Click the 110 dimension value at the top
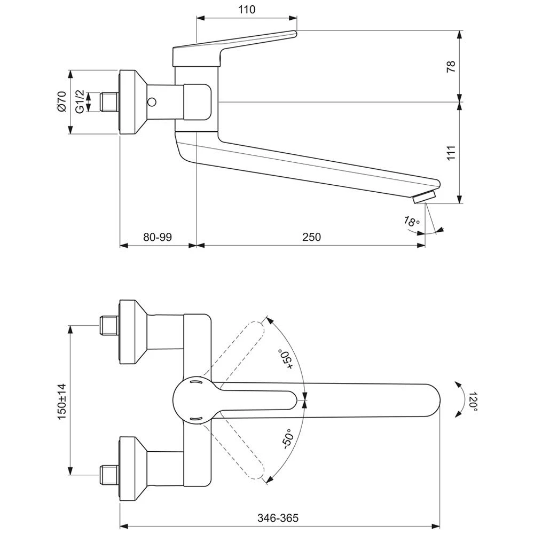pyautogui.click(x=247, y=10)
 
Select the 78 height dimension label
pyautogui.click(x=451, y=66)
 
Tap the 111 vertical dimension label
pyautogui.click(x=451, y=153)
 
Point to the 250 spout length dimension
pyautogui.click(x=311, y=237)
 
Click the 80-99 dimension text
pyautogui.click(x=158, y=237)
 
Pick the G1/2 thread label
pyautogui.click(x=80, y=101)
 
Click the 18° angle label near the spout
pyautogui.click(x=412, y=222)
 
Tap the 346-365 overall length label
pyautogui.click(x=278, y=518)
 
